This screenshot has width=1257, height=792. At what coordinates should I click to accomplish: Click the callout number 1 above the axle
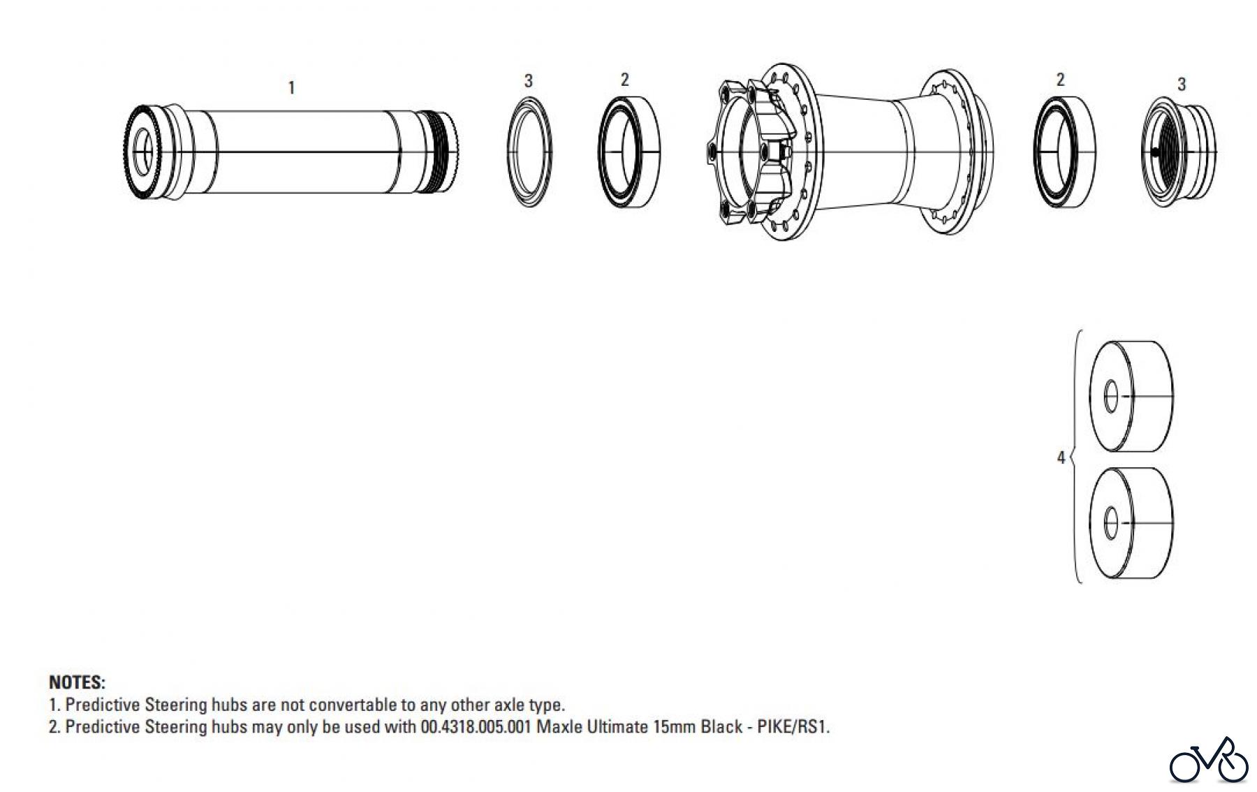(292, 88)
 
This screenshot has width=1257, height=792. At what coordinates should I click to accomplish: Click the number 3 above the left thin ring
(528, 81)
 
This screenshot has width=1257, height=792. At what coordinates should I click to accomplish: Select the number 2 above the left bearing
(624, 80)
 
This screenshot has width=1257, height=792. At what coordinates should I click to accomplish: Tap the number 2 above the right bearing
(1060, 80)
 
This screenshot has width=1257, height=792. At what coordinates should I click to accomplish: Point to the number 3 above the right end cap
(1181, 85)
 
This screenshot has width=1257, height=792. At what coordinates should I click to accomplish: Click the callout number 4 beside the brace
(1061, 457)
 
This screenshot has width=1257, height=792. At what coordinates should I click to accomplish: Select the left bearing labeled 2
(628, 152)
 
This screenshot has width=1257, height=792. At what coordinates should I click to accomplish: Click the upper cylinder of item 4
(1131, 396)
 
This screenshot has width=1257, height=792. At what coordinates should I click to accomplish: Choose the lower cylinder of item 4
(1131, 522)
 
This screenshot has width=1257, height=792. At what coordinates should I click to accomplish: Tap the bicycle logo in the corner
(1208, 761)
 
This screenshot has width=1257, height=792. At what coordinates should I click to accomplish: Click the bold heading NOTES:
(77, 682)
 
